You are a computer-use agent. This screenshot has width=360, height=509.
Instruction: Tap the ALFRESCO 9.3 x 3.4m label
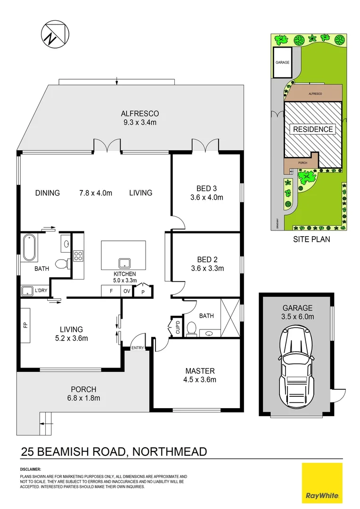pos(139,118)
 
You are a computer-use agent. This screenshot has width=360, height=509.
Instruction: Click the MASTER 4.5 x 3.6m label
pos(200,375)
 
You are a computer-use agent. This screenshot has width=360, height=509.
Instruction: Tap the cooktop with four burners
pos(78,256)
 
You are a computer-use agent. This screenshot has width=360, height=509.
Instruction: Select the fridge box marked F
pos(111,291)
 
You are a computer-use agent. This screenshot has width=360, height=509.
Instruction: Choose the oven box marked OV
pos(127,291)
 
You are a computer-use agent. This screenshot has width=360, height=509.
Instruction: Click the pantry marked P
pos(142,291)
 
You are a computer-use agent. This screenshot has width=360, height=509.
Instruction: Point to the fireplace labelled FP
pos(25,325)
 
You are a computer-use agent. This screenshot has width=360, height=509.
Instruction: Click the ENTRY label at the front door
pos(138,348)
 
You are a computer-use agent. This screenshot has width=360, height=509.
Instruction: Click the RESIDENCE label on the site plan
pos(313,129)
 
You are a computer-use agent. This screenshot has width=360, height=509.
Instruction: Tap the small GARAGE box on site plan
pos(283,62)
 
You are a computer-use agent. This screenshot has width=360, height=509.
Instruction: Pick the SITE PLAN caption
pos(311,239)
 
